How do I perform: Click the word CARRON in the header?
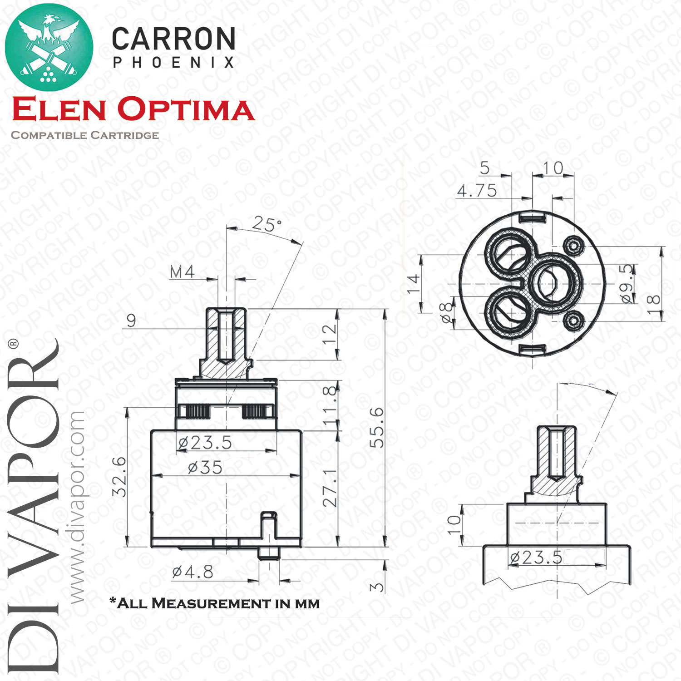(x=173, y=39)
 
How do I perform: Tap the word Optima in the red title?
(x=186, y=109)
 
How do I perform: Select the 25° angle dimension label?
(x=267, y=223)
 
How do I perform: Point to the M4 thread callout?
(x=182, y=272)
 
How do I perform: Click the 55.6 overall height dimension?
(x=377, y=427)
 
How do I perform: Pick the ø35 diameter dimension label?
(x=205, y=467)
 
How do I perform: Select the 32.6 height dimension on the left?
(x=119, y=476)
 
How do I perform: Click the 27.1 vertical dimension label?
(x=330, y=488)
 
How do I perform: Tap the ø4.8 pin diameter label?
(x=192, y=572)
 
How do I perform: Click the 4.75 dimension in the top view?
(x=477, y=191)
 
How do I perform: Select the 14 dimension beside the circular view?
(x=413, y=284)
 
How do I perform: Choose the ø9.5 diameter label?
(x=627, y=284)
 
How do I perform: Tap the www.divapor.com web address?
(x=77, y=508)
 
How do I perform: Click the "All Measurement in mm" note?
(x=215, y=603)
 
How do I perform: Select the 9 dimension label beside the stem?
(x=131, y=321)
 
